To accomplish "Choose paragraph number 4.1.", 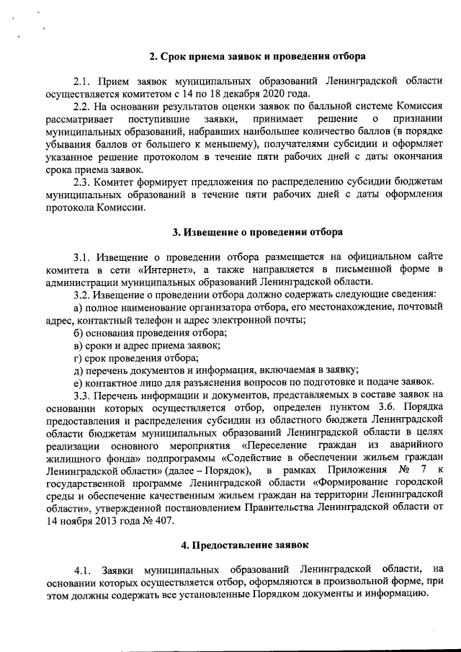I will pos(85,571).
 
